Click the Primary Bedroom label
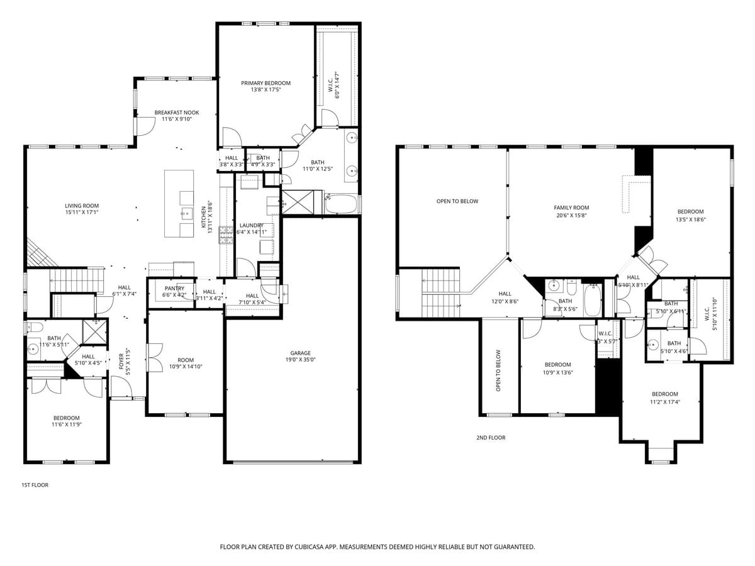[266, 83]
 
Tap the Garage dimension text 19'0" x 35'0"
[300, 360]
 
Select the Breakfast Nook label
[177, 113]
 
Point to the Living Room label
[82, 206]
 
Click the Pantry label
[174, 289]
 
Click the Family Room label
[571, 208]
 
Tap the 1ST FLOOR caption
[35, 485]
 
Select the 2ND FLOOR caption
[490, 438]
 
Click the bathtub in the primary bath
[342, 204]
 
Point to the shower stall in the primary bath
[297, 203]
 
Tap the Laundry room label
[251, 225]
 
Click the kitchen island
[179, 203]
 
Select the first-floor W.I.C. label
[330, 84]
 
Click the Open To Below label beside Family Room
[457, 201]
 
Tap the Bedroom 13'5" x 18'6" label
[690, 212]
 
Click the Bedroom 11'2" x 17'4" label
[665, 394]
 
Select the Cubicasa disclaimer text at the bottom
[377, 547]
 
